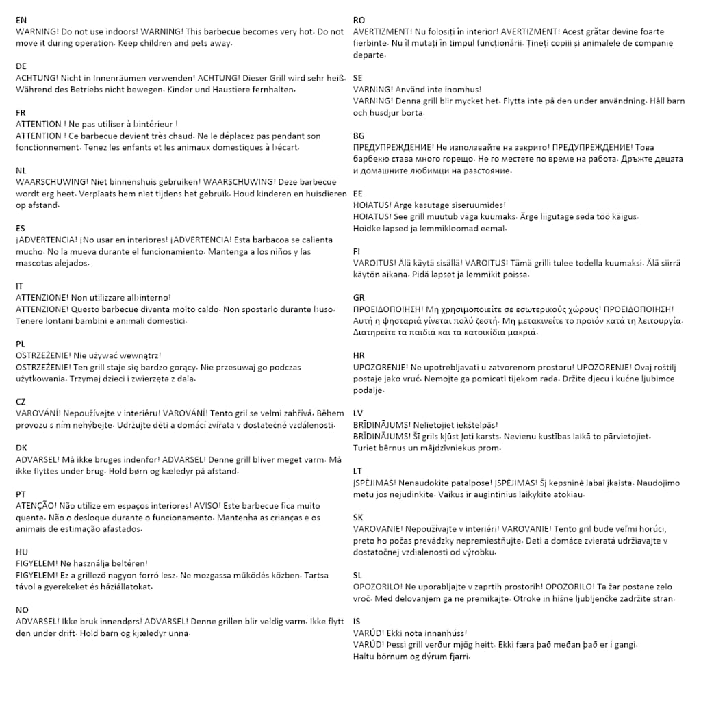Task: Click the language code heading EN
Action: tap(21, 21)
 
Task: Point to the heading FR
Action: tap(21, 112)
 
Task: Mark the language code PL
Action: tap(21, 344)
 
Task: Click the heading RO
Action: tap(359, 21)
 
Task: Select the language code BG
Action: tap(359, 136)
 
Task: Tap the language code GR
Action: tap(359, 298)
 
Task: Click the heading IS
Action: tap(357, 622)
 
